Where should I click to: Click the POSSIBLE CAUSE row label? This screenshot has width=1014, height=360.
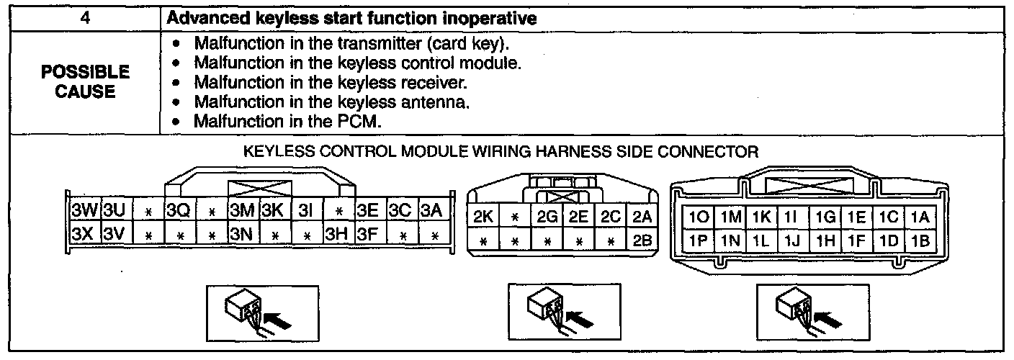pyautogui.click(x=85, y=81)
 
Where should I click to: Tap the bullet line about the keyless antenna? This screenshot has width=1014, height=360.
pyautogui.click(x=331, y=102)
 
